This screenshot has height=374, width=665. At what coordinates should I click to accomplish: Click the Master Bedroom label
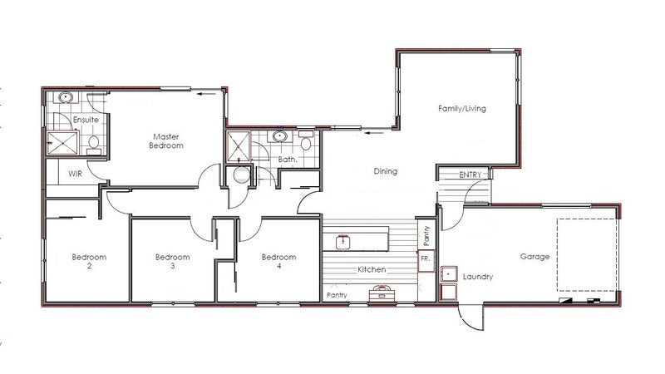pos(166,141)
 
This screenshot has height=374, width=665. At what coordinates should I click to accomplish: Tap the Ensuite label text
pos(86,120)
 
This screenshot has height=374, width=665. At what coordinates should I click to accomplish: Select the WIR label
pos(75,174)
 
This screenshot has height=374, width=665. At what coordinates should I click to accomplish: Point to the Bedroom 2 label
pos(89,261)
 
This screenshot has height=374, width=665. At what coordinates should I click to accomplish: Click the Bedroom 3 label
pos(173,261)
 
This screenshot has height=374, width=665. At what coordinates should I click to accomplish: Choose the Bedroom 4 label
pos(278,261)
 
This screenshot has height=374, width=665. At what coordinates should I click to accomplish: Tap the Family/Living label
pos(462,109)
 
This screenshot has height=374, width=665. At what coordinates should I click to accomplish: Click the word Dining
pos(386,171)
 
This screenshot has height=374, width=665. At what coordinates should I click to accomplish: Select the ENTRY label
pos(470,175)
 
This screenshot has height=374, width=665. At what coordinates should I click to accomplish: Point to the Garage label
pos(534,257)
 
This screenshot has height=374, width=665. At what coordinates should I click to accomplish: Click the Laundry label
pos(478,277)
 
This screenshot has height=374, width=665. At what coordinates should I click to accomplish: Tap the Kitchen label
pos(372,269)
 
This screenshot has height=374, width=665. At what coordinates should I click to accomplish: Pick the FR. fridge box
pos(426,261)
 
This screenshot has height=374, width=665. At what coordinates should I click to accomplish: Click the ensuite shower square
pos(62,143)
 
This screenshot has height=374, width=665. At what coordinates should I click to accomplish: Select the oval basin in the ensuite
pos(66,97)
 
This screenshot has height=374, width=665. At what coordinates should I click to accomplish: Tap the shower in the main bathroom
pos(239,147)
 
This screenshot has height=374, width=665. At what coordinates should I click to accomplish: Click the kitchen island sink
pos(342,242)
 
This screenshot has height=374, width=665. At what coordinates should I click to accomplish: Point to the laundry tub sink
pos(449,274)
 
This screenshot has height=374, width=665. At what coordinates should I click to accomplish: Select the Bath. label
pos(288,160)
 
